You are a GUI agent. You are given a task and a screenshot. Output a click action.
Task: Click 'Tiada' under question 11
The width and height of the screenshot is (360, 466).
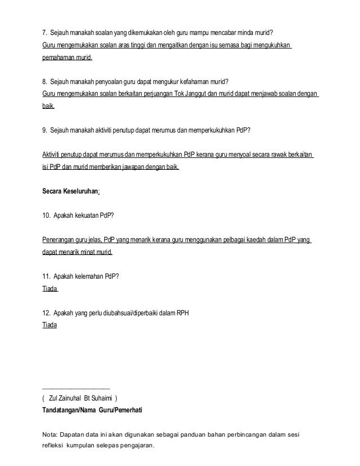(50, 289)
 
